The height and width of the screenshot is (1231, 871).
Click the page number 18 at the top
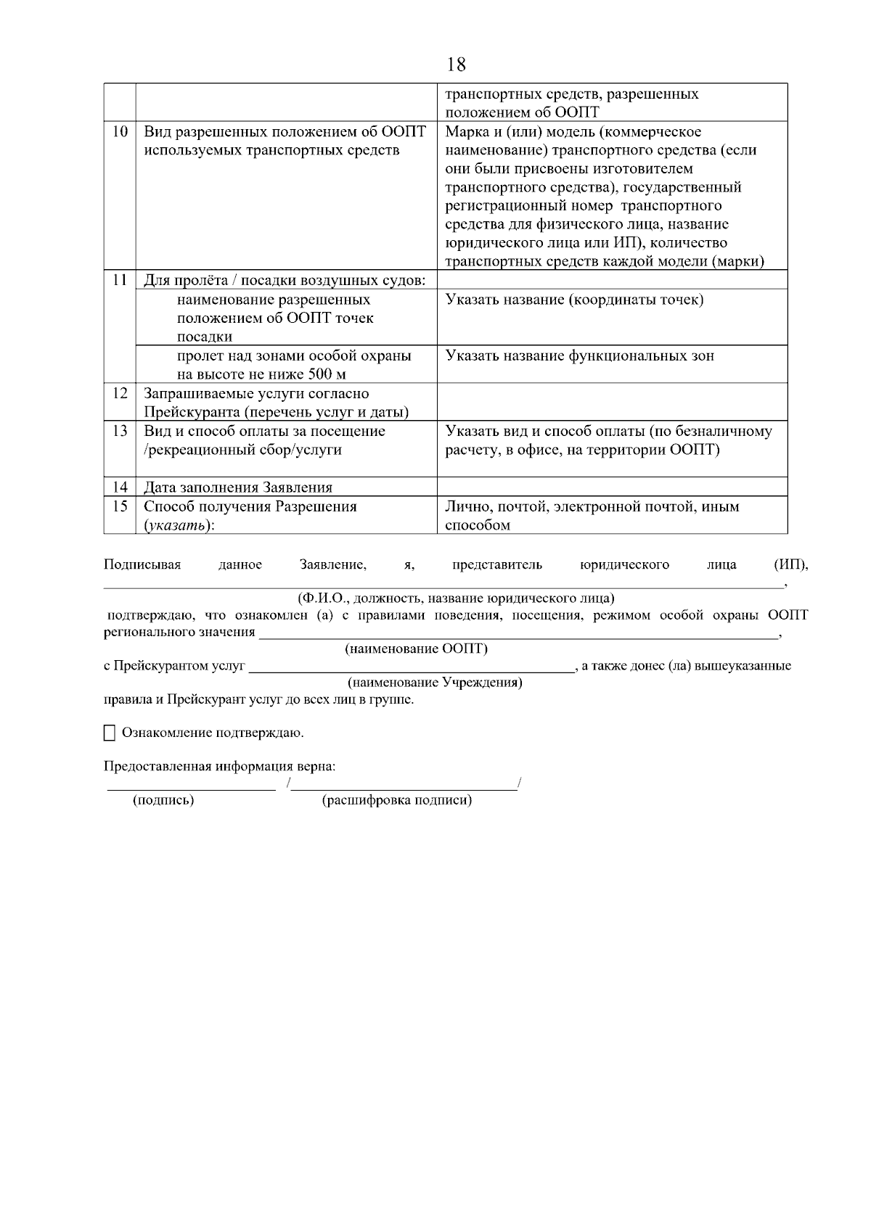[457, 65]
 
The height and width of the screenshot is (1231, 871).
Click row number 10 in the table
[120, 132]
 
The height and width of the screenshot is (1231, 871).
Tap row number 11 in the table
[120, 280]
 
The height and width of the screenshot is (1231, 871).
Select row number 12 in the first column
[120, 393]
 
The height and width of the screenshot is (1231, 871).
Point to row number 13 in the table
[120, 431]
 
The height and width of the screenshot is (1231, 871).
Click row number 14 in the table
[120, 487]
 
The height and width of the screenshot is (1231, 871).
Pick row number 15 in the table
[120, 506]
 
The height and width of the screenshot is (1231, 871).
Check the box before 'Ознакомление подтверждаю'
[110, 733]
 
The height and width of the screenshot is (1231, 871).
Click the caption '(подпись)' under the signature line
[163, 800]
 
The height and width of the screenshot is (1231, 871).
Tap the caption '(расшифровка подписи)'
[396, 800]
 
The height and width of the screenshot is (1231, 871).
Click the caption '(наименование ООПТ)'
[416, 649]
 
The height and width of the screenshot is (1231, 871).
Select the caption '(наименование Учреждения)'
[435, 683]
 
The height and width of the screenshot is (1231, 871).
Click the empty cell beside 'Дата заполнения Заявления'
[612, 487]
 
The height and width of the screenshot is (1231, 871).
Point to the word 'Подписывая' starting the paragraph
[142, 564]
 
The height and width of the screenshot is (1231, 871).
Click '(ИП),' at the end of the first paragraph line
[790, 564]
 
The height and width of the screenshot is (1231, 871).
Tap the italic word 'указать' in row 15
[175, 525]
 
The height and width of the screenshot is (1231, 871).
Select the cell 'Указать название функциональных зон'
[579, 356]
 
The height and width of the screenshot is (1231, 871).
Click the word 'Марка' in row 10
[465, 132]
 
